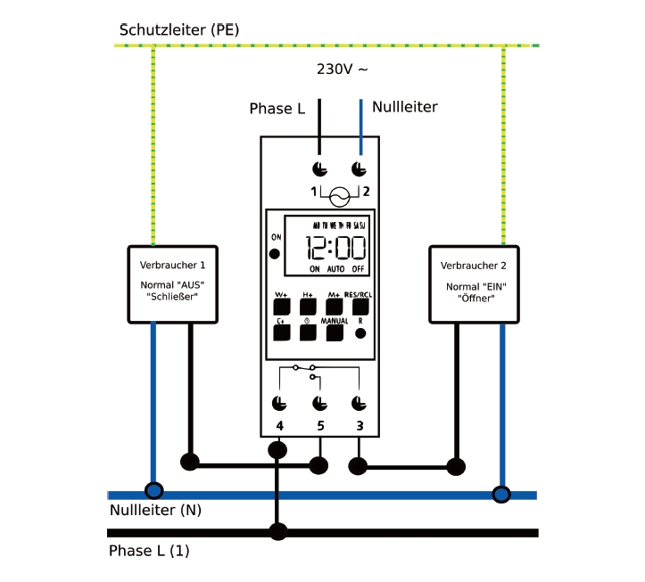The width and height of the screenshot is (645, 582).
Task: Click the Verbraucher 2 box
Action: (x=474, y=283)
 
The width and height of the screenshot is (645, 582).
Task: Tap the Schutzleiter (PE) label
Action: (x=179, y=30)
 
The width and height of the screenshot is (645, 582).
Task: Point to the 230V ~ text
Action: (x=343, y=68)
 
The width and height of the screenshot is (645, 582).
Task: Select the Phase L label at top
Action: (x=277, y=109)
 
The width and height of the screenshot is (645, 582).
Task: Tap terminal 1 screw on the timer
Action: (x=319, y=169)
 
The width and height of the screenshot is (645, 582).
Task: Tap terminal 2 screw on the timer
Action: (x=359, y=169)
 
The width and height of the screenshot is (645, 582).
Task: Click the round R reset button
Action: (x=360, y=333)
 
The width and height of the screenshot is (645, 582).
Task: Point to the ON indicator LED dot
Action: (x=275, y=253)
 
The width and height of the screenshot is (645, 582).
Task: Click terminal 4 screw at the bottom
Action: (x=280, y=402)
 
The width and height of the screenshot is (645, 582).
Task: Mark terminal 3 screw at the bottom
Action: (x=359, y=402)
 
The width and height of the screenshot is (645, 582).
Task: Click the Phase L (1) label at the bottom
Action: (x=149, y=551)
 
